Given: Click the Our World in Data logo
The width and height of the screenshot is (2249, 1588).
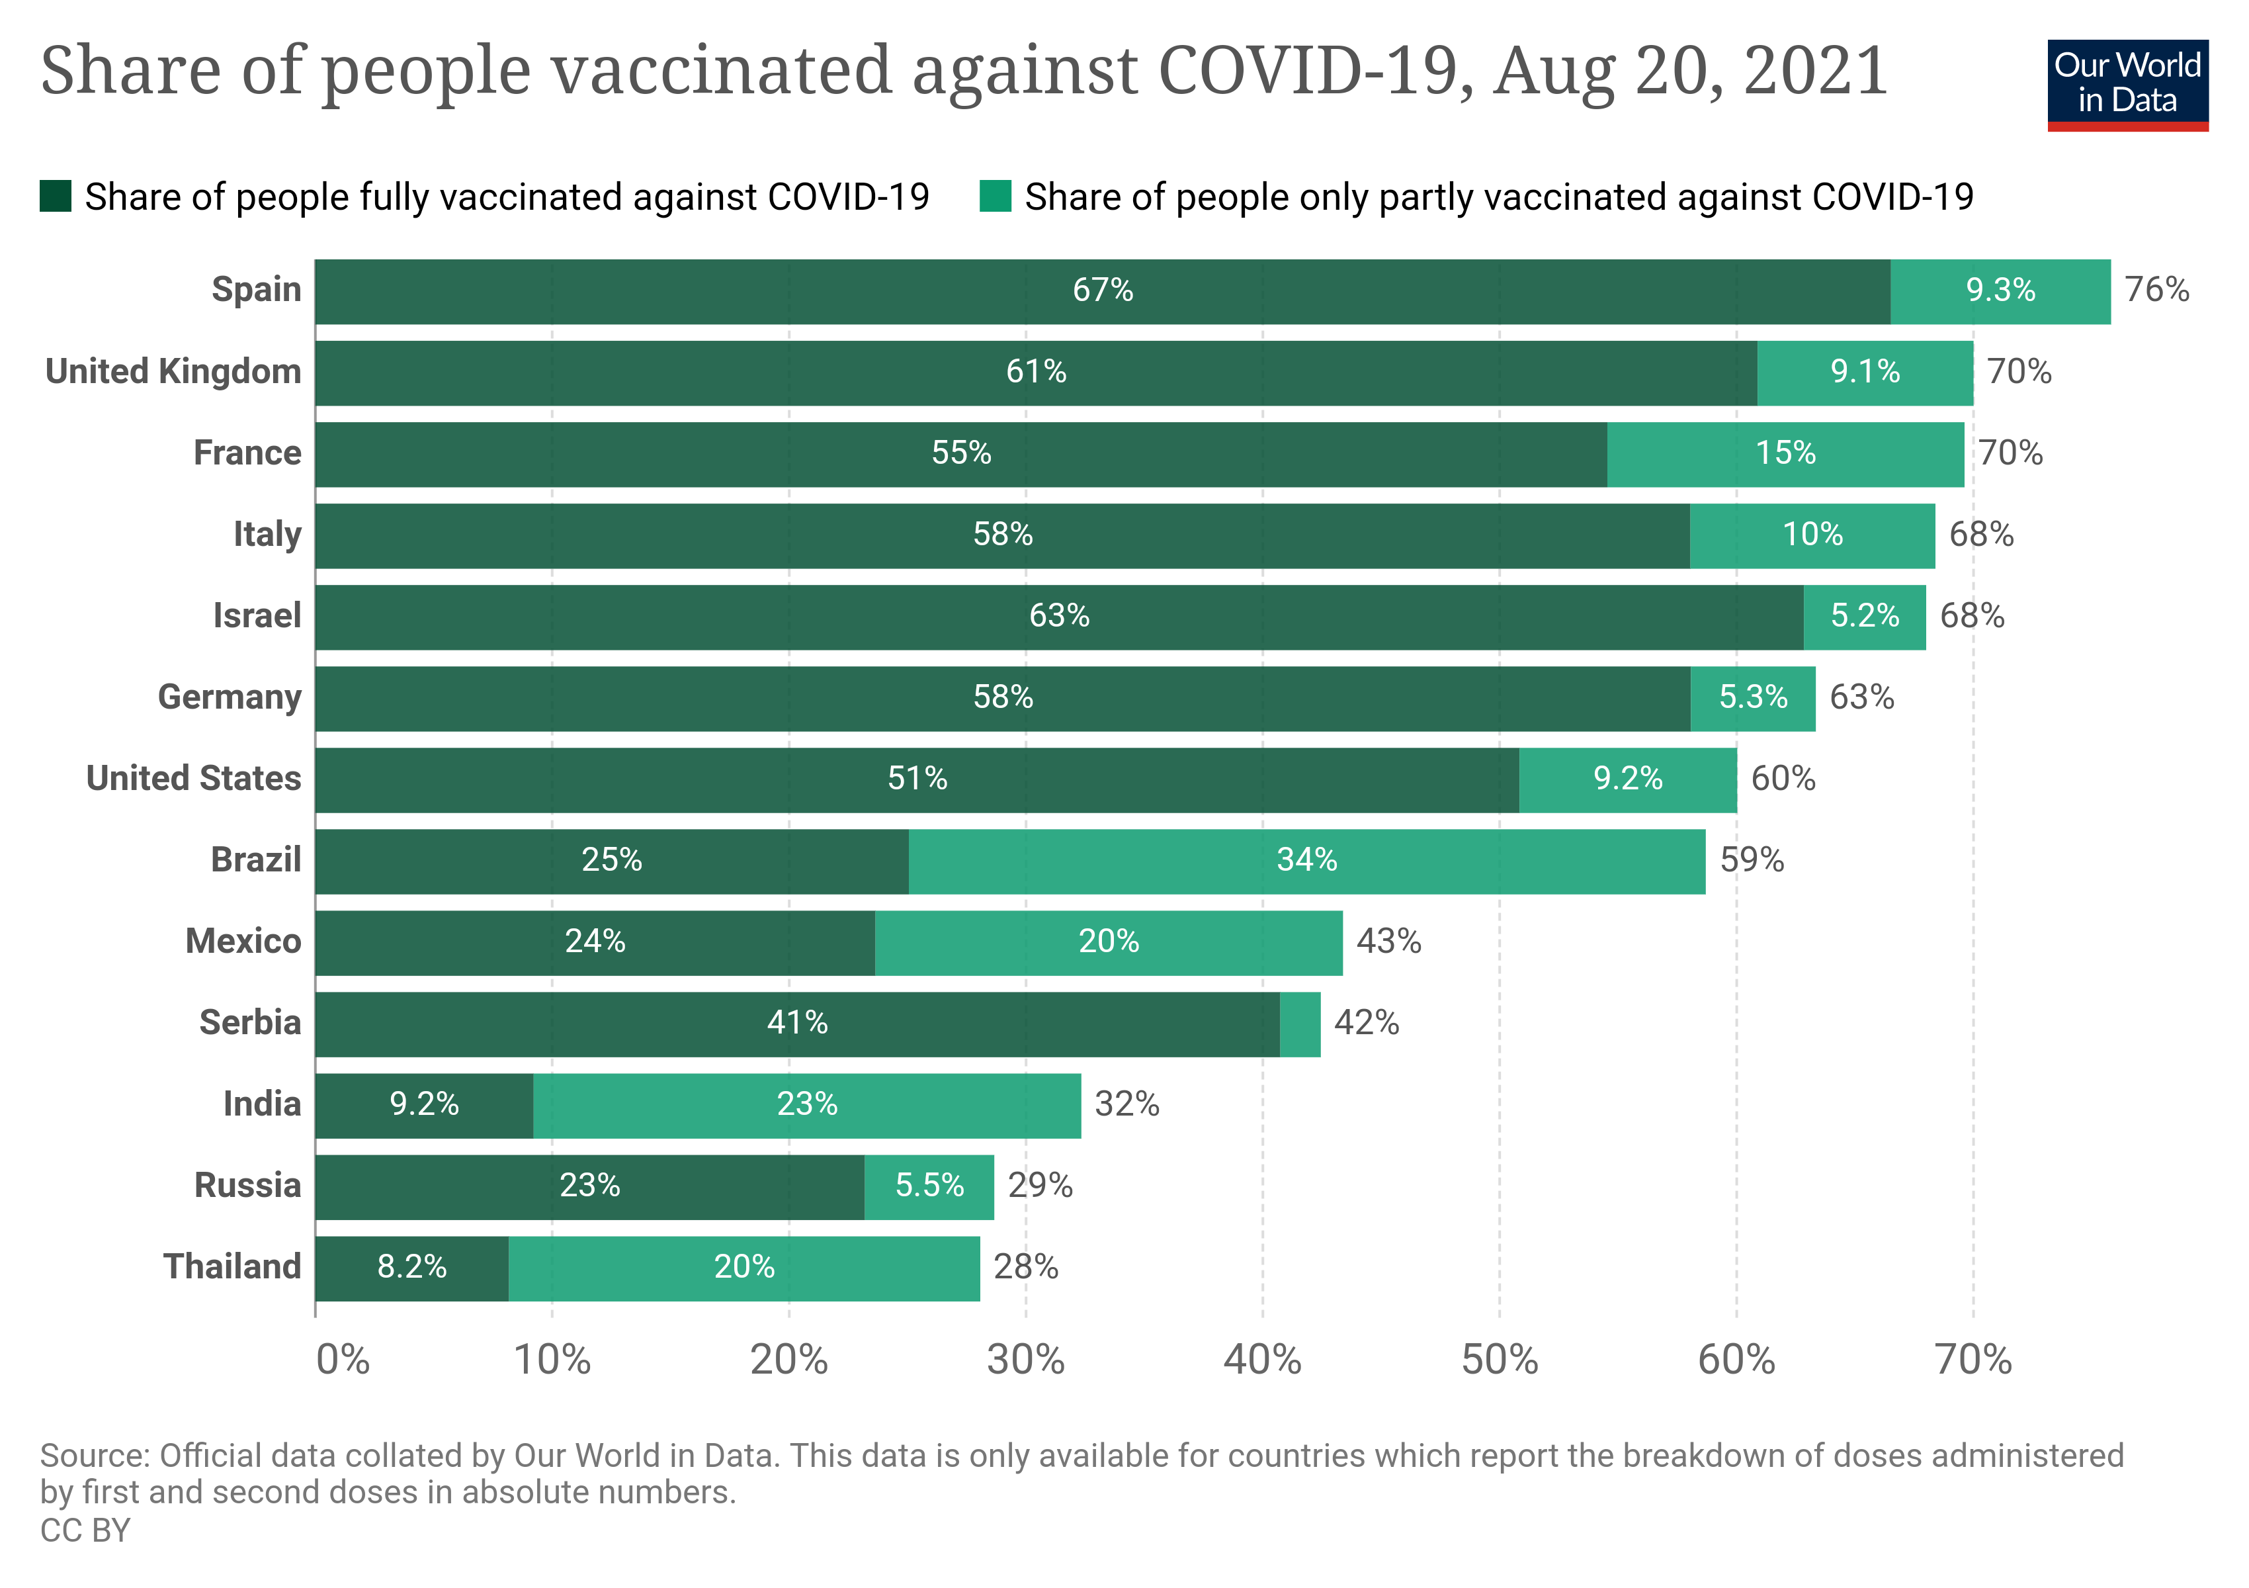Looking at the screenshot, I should click(x=2127, y=84).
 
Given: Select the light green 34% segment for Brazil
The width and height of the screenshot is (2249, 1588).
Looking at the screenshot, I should click(x=1306, y=860).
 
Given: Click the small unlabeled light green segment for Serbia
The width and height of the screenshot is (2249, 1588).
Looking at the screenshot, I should click(x=1300, y=1024).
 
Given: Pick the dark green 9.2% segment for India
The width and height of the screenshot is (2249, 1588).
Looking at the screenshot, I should click(x=423, y=1105).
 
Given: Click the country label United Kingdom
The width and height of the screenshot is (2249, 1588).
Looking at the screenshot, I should click(x=173, y=373).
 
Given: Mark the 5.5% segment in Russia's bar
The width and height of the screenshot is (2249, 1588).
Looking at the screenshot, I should click(x=929, y=1186).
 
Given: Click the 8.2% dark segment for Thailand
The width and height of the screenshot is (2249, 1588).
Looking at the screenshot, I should click(x=411, y=1268).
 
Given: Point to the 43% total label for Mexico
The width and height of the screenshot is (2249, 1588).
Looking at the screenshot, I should click(x=1388, y=942).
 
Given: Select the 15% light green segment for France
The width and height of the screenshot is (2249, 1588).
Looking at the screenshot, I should click(x=1785, y=454).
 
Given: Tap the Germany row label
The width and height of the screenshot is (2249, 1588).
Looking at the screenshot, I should click(x=230, y=697).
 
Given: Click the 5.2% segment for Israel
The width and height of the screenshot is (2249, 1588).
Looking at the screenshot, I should click(x=1864, y=616).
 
